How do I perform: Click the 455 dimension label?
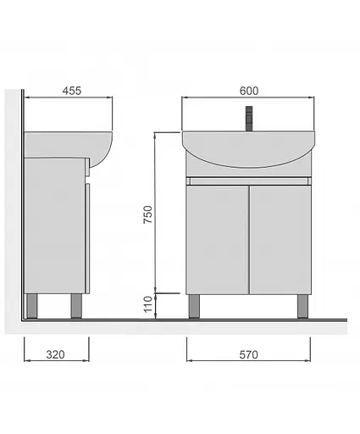point(72,91)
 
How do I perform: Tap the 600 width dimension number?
point(249,91)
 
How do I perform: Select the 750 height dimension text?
point(147,214)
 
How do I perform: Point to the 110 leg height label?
point(147,304)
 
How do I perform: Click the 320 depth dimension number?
point(55,354)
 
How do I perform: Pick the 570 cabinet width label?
point(248,354)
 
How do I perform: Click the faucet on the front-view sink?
point(249,119)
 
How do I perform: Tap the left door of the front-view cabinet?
point(217,240)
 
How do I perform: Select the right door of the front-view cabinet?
point(280,240)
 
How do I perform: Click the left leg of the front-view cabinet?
point(194,306)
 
